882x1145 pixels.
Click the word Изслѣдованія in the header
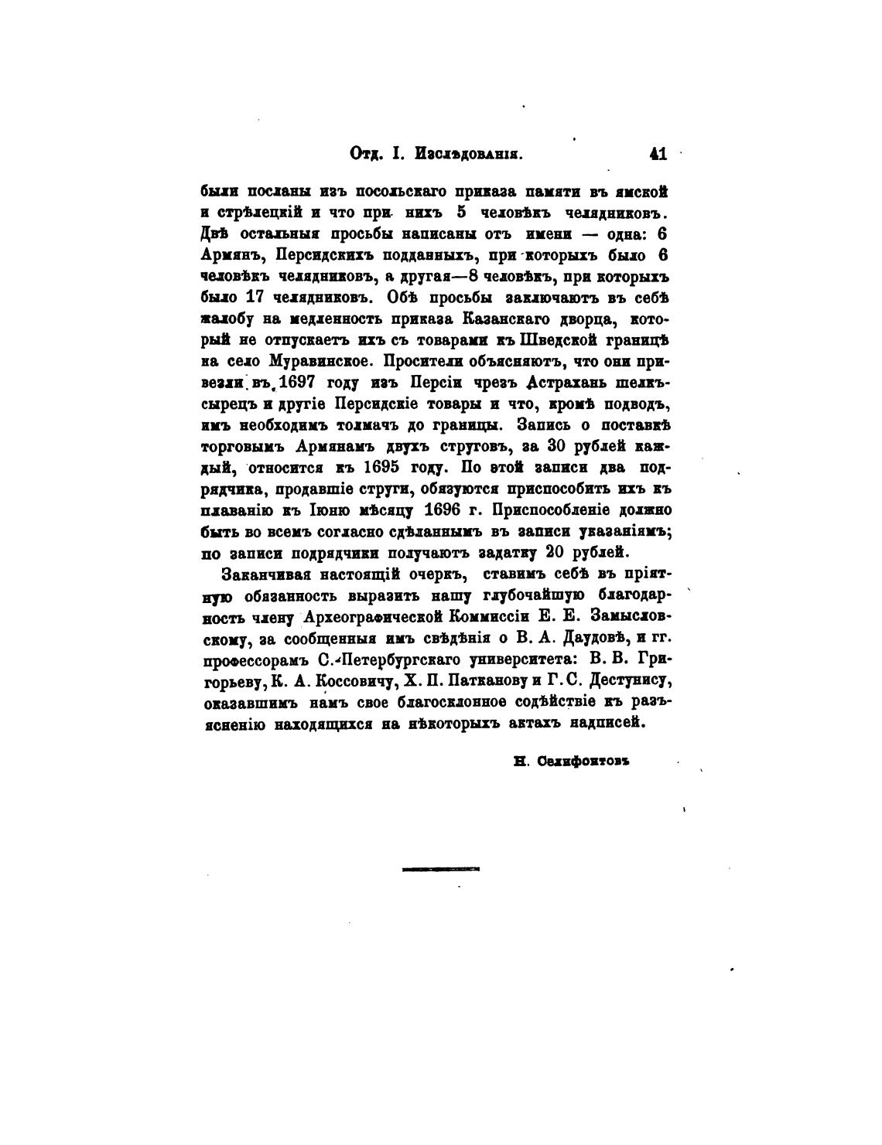tap(470, 153)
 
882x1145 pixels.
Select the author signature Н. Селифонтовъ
tap(573, 760)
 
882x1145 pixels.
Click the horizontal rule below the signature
tap(441, 869)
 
